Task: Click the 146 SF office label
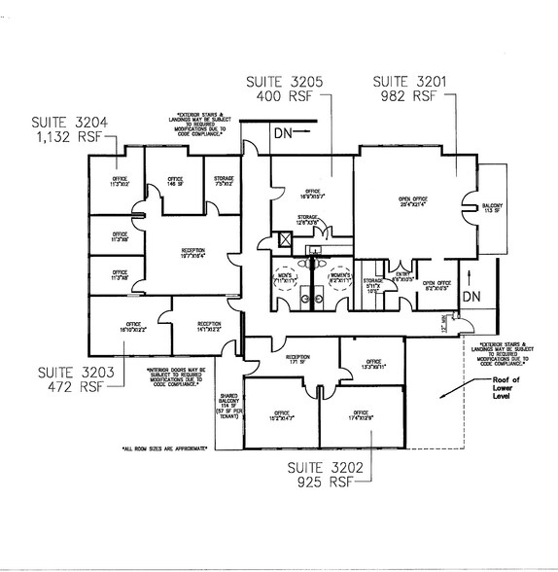tap(175, 182)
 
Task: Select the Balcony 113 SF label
tap(491, 209)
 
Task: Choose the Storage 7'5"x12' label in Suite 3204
tap(223, 182)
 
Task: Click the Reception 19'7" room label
tap(192, 254)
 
